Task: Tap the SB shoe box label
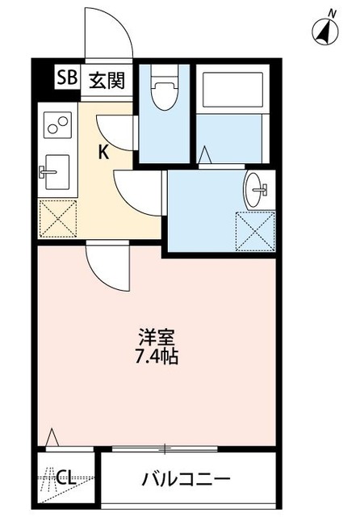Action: (65, 78)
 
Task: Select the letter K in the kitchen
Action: (104, 151)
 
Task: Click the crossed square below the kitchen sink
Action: (57, 218)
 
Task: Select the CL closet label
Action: (67, 478)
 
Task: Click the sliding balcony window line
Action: (165, 448)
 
